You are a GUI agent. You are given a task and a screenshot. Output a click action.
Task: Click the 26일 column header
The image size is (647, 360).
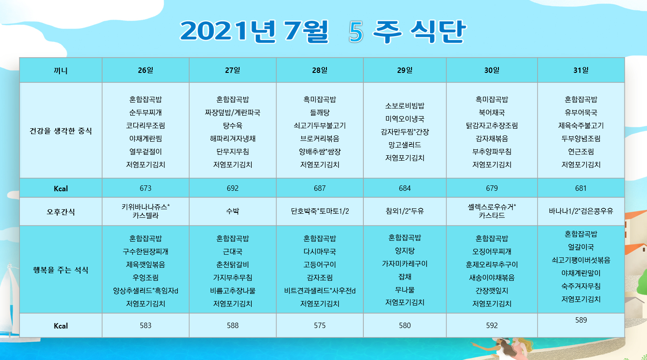[x=145, y=70]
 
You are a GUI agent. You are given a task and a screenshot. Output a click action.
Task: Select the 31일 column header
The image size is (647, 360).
[x=581, y=70]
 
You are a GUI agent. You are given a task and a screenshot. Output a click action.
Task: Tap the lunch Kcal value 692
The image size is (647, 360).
[x=232, y=188]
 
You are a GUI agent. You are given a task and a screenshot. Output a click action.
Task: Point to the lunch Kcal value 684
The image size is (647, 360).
[x=405, y=188]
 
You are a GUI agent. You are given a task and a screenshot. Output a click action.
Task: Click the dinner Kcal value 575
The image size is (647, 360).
[x=320, y=325]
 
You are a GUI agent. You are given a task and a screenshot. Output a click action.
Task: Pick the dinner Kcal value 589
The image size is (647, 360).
[x=581, y=320]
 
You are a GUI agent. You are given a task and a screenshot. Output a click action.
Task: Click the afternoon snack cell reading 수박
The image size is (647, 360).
[x=232, y=211]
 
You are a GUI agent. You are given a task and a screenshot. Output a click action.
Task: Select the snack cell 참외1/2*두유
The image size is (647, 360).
[x=405, y=211]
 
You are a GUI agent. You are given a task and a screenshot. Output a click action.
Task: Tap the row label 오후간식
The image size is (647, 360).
[x=61, y=211]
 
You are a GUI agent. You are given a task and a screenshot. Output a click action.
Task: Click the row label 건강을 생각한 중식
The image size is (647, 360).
[x=61, y=131]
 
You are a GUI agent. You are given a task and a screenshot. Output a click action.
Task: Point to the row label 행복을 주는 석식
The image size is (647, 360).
[x=61, y=270]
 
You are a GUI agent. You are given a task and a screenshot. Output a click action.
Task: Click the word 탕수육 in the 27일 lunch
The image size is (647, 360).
[x=232, y=126]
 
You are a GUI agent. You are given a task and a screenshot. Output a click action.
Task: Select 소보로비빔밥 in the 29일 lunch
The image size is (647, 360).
[x=405, y=106]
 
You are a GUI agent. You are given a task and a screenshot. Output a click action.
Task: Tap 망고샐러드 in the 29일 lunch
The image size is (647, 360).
[x=405, y=145]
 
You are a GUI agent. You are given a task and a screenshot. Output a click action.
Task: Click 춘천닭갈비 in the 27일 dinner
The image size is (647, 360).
[x=232, y=265]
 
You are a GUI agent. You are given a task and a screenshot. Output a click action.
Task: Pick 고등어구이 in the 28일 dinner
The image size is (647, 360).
[x=320, y=265]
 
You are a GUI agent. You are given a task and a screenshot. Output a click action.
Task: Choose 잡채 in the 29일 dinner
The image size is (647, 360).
[x=405, y=277]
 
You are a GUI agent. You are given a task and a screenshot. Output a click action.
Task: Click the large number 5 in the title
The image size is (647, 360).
[x=356, y=32]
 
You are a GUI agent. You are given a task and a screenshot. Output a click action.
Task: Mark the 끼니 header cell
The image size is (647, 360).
[x=61, y=71]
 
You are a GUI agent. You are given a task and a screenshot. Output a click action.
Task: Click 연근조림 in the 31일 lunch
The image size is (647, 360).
[x=581, y=152]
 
